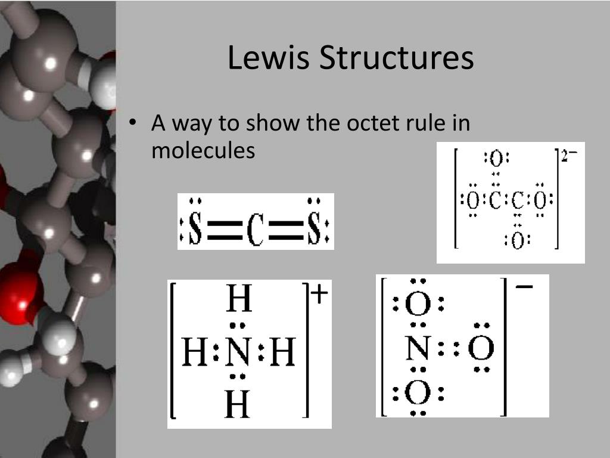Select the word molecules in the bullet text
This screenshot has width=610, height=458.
click(203, 150)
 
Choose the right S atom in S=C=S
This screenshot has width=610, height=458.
click(314, 230)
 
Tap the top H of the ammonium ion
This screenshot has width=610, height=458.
click(238, 300)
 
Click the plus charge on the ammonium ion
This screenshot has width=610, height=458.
click(319, 295)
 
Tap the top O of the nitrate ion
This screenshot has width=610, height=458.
click(418, 305)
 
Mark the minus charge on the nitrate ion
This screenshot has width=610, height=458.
click(524, 287)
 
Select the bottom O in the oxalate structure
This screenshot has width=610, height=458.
click(517, 241)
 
